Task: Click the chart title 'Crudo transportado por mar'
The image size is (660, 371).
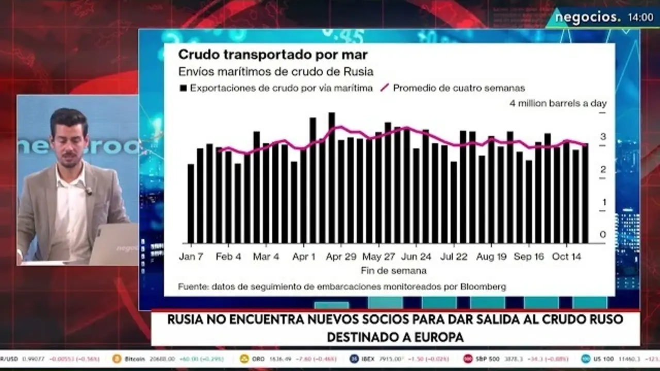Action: click(x=273, y=55)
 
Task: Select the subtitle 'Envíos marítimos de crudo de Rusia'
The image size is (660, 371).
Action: click(x=276, y=72)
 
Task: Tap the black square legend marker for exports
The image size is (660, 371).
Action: click(x=183, y=88)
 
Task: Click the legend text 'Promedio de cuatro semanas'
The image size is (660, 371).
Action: click(x=459, y=88)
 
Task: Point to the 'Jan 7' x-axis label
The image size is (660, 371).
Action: click(x=191, y=257)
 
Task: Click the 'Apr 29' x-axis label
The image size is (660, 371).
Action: click(x=340, y=257)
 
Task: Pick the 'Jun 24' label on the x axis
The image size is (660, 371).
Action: click(x=417, y=257)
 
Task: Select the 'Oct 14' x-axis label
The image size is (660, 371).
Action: click(x=567, y=257)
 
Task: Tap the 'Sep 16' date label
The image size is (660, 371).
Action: click(x=529, y=257)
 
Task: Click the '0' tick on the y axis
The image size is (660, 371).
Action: click(x=603, y=235)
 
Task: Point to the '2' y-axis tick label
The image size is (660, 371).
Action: click(x=603, y=170)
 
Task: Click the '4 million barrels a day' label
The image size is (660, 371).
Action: click(x=558, y=104)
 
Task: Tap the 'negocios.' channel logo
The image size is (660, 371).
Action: click(x=587, y=17)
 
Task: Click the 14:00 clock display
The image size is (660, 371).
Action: click(x=640, y=18)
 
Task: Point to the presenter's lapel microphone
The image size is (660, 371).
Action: click(x=88, y=191)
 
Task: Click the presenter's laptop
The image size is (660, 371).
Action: click(x=114, y=244)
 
